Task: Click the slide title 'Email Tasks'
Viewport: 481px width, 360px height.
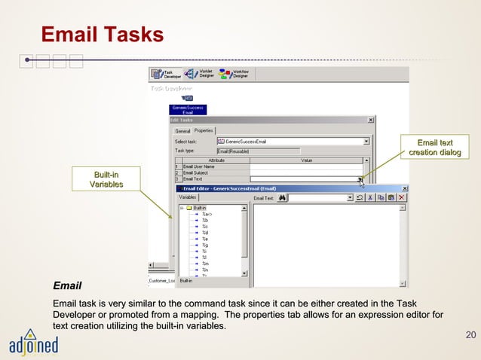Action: tap(102, 35)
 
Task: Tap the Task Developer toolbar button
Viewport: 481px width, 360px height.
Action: tap(167, 74)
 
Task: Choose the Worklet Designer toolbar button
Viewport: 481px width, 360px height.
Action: tap(200, 74)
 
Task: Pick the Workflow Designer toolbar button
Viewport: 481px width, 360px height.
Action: tap(234, 74)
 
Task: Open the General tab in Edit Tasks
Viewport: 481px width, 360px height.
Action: tap(183, 131)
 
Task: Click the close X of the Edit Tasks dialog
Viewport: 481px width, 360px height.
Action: tap(370, 120)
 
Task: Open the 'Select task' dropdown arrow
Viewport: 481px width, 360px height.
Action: tap(366, 141)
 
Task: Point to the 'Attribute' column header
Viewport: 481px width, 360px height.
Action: tap(216, 160)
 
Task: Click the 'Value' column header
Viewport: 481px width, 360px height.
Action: tap(307, 160)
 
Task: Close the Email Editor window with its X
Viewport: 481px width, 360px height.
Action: tap(405, 188)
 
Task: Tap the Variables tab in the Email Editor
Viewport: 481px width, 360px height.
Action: tap(188, 197)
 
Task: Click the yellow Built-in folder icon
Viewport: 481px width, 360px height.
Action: tap(188, 208)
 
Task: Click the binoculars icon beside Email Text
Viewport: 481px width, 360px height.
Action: tap(282, 198)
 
